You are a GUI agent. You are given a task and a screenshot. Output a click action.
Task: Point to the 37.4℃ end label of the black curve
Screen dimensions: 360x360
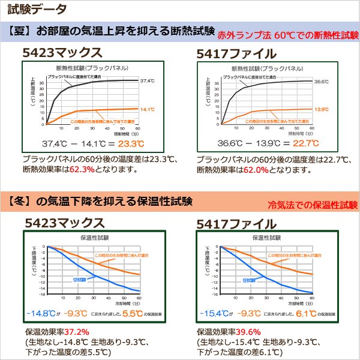147,80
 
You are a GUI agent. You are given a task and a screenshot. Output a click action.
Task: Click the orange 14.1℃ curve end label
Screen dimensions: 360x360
147,109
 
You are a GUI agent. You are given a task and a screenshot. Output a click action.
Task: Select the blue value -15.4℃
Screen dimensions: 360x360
214,313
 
